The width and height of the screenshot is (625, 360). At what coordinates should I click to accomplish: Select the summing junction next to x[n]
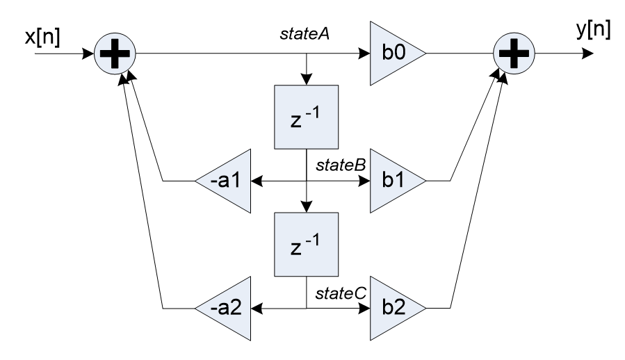116,52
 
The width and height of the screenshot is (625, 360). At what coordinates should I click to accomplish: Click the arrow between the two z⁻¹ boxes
306,195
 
